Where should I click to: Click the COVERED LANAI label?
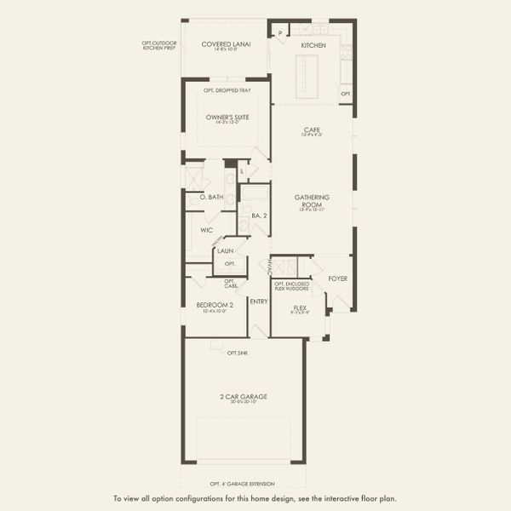[x=226, y=44]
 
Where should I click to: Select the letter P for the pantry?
[x=279, y=33]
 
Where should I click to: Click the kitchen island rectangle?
[x=305, y=76]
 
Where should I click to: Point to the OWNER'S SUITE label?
[x=227, y=117]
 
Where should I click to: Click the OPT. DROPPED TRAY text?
[x=227, y=90]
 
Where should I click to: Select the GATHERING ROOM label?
[x=312, y=201]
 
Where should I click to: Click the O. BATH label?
[x=211, y=198]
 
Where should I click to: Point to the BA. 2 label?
[x=258, y=216]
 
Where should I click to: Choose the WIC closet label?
[x=206, y=230]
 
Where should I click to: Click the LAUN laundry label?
[x=226, y=251]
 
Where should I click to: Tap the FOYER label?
[x=338, y=278]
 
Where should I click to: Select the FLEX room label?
[x=300, y=308]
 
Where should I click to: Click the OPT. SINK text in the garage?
[x=238, y=352]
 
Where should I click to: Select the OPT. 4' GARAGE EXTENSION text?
[x=244, y=483]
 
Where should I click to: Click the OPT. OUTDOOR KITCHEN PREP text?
[x=160, y=45]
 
